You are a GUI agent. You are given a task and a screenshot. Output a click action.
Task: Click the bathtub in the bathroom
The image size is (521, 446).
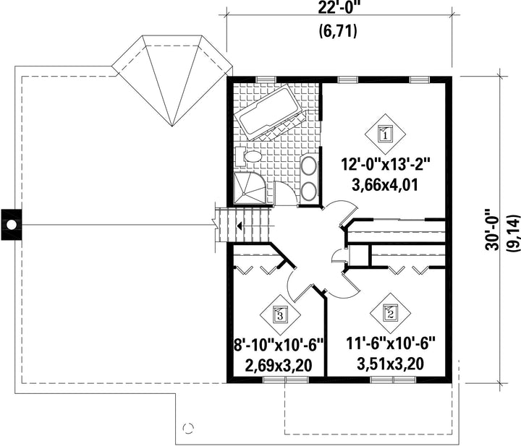tap(270, 112)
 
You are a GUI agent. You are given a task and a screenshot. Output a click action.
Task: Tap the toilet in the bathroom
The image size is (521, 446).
tap(248, 156)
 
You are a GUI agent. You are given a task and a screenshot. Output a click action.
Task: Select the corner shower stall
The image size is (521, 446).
tap(250, 188)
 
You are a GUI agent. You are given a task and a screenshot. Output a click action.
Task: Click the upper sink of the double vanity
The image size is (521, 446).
tap(309, 166)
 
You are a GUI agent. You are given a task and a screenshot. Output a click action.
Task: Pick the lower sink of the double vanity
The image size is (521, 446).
tap(309, 191)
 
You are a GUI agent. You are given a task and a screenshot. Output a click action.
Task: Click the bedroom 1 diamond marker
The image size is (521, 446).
tap(386, 134)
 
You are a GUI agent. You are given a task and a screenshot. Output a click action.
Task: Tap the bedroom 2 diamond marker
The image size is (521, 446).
tap(391, 313)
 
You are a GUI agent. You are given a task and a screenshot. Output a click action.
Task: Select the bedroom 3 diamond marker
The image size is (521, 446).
tap(280, 314)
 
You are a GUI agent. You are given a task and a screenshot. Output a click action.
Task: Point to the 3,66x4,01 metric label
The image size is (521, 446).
tap(384, 185)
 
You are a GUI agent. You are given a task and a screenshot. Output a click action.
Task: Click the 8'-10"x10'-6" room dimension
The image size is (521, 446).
tap(279, 345)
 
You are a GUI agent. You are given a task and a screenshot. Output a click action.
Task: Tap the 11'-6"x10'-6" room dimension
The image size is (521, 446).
tap(391, 344)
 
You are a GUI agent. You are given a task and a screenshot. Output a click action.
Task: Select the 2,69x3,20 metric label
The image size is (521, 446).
tap(279, 365)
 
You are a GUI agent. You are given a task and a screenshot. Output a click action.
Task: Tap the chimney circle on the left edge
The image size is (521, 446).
tap(12, 225)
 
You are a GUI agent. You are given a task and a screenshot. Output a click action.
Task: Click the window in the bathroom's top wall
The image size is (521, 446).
tap(266, 80)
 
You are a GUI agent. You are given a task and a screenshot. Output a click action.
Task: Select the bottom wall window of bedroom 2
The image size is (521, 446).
tap(393, 379)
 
